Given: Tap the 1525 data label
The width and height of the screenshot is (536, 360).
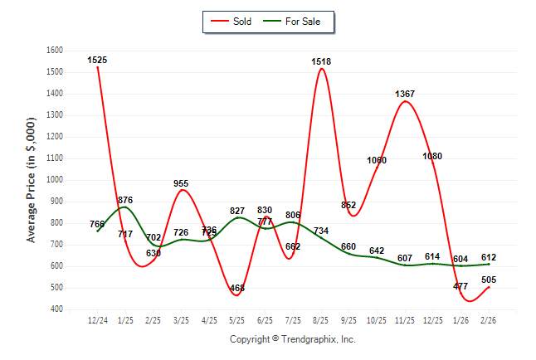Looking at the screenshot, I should coord(97,60).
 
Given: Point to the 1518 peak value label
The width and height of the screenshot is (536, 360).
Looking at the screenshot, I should coord(322,61).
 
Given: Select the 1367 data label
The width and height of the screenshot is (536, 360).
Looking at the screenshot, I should coord(405,94).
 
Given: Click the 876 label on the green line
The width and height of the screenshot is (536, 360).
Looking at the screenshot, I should coord(125,200).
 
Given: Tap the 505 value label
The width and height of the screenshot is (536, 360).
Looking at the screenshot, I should coord(488,280).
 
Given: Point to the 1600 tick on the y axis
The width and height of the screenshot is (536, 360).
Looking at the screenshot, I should coord(55,51).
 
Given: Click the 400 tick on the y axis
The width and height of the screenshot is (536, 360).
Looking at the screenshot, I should coord(57,309).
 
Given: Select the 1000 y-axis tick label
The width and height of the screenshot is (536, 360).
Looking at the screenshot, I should coord(55,180).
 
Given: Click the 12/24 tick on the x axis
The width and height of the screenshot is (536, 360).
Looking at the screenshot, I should coord(97,320).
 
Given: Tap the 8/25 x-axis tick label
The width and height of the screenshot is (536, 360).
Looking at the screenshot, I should coord(321,320).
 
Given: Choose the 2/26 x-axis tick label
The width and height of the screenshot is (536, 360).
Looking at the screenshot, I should coord(489,320).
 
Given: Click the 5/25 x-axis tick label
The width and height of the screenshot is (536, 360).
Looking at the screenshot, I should coord(237,320).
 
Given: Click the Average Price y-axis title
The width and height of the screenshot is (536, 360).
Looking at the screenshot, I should coord(32,180).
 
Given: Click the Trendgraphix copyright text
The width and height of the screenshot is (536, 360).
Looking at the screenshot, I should coord(292,339).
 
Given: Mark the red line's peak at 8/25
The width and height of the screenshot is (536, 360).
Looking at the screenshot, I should coord(321,69).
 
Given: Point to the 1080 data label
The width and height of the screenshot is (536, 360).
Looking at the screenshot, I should coord(432,156).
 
